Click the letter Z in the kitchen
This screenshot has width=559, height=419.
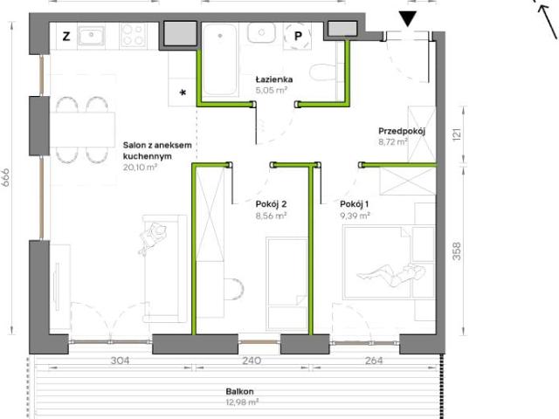click(66, 37)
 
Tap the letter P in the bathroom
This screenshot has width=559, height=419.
click(298, 36)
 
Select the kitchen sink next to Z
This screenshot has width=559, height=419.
click(91, 36)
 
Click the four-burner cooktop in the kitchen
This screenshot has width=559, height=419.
click(133, 36)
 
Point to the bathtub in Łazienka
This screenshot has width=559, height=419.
click(220, 59)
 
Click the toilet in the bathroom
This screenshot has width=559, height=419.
click(323, 72)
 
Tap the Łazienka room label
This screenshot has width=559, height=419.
click(274, 79)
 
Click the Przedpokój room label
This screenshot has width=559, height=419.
click(402, 131)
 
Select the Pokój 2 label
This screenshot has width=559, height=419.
click(271, 204)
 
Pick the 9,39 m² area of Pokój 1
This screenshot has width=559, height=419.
click(355, 216)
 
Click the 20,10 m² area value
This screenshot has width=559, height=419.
click(140, 167)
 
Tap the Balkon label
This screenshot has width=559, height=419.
click(240, 391)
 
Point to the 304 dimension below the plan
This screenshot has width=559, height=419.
click(120, 361)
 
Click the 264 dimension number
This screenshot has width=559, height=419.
click(374, 361)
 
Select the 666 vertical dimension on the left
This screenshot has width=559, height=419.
click(6, 177)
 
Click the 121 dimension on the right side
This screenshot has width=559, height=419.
click(457, 134)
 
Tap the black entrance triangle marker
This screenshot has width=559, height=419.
click(407, 19)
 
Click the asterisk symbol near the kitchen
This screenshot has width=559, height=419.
click(183, 93)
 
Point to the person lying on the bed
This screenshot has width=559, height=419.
click(391, 275)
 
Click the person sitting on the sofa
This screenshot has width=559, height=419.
click(153, 237)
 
